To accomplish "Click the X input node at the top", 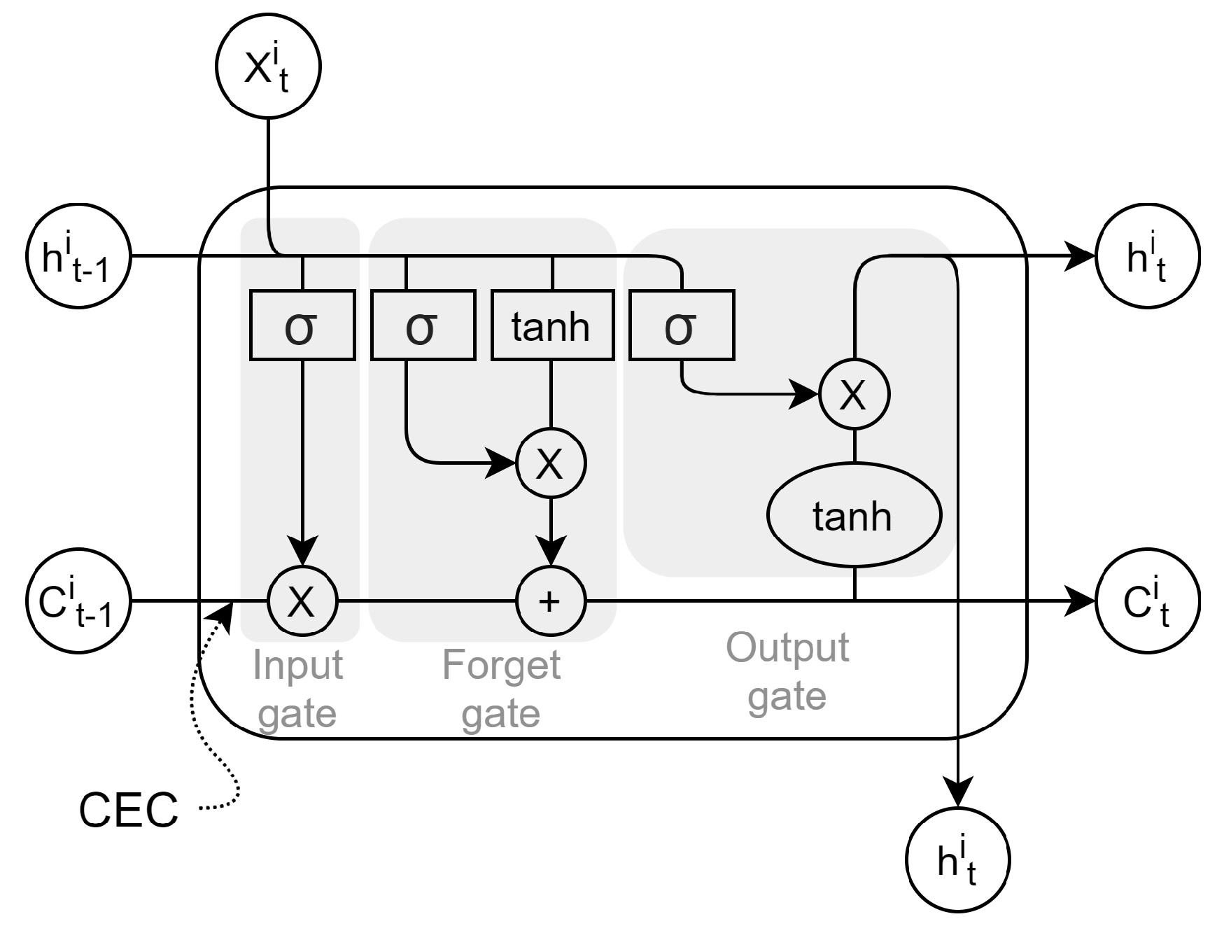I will click(269, 68).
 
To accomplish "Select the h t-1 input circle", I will click(78, 256).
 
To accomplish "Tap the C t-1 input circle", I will click(78, 601).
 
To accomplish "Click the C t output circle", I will click(1147, 601).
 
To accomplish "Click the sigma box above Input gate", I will click(302, 325).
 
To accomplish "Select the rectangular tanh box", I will click(552, 325).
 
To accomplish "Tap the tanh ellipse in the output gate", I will click(854, 515).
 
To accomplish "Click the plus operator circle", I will click(551, 601).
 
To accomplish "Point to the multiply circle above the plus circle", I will click(551, 463).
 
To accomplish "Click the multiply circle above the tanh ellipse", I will click(854, 395).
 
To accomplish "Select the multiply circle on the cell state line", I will click(302, 601).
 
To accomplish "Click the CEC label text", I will click(129, 811).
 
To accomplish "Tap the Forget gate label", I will click(501, 689).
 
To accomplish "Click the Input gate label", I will click(297, 689).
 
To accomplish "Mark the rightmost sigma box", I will click(682, 325).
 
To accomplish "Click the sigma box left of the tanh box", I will click(423, 325).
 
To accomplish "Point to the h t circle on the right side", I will click(1147, 256).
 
